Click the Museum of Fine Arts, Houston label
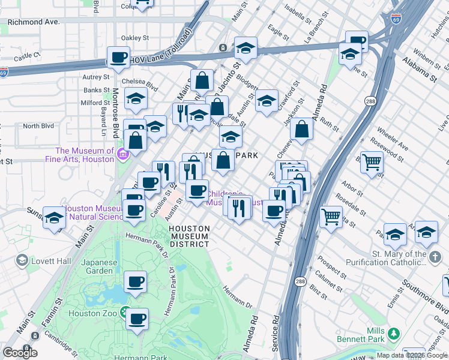85,155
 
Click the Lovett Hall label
52,261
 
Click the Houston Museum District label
189,236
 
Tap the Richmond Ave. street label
34,22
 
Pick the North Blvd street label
38,126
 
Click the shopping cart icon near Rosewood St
372,161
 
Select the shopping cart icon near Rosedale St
331,216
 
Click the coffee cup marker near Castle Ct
118,58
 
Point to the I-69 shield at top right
396,20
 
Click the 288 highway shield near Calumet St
300,281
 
